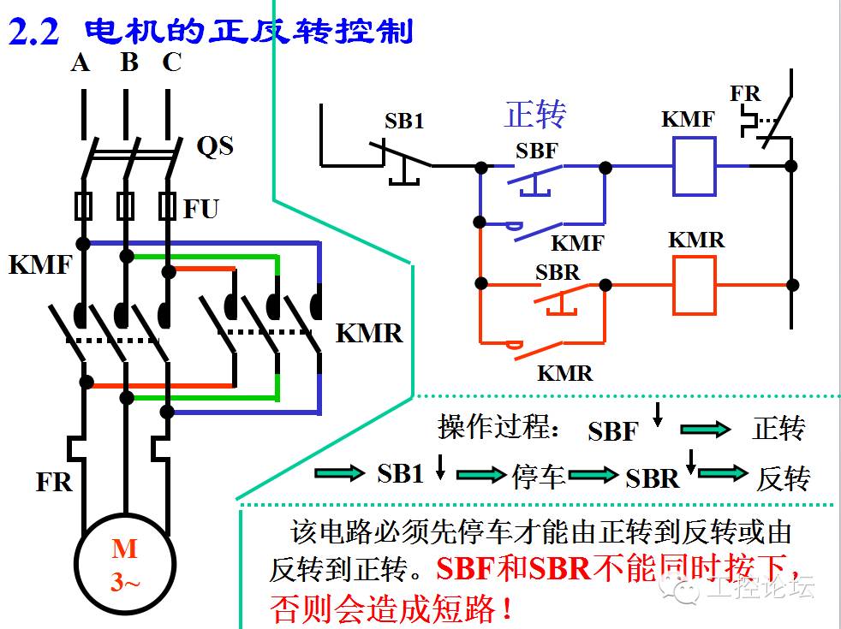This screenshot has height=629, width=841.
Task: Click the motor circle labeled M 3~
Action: tap(123, 566)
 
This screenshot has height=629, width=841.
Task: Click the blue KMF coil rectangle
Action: tap(693, 165)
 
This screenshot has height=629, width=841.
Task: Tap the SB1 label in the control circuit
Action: tap(403, 122)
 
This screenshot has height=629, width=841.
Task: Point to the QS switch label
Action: tap(214, 146)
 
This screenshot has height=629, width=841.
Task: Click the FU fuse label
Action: tap(201, 208)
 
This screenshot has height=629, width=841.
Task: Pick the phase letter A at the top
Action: tap(81, 62)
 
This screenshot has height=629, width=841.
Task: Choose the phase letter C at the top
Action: tap(171, 62)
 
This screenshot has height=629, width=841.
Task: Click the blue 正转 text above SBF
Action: tap(536, 113)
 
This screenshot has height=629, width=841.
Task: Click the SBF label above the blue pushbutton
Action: tap(537, 151)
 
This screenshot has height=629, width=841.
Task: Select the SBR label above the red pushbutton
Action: tap(558, 272)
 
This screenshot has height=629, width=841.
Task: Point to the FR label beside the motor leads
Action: tap(54, 482)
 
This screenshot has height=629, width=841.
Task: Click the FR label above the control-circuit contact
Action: tap(745, 93)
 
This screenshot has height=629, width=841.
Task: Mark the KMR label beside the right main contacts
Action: tap(368, 333)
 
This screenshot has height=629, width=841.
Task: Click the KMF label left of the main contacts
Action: tap(39, 264)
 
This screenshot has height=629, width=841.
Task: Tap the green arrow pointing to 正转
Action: tap(706, 430)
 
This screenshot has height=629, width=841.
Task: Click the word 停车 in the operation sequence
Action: tap(540, 476)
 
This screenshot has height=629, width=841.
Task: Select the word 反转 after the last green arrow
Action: tap(782, 478)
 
